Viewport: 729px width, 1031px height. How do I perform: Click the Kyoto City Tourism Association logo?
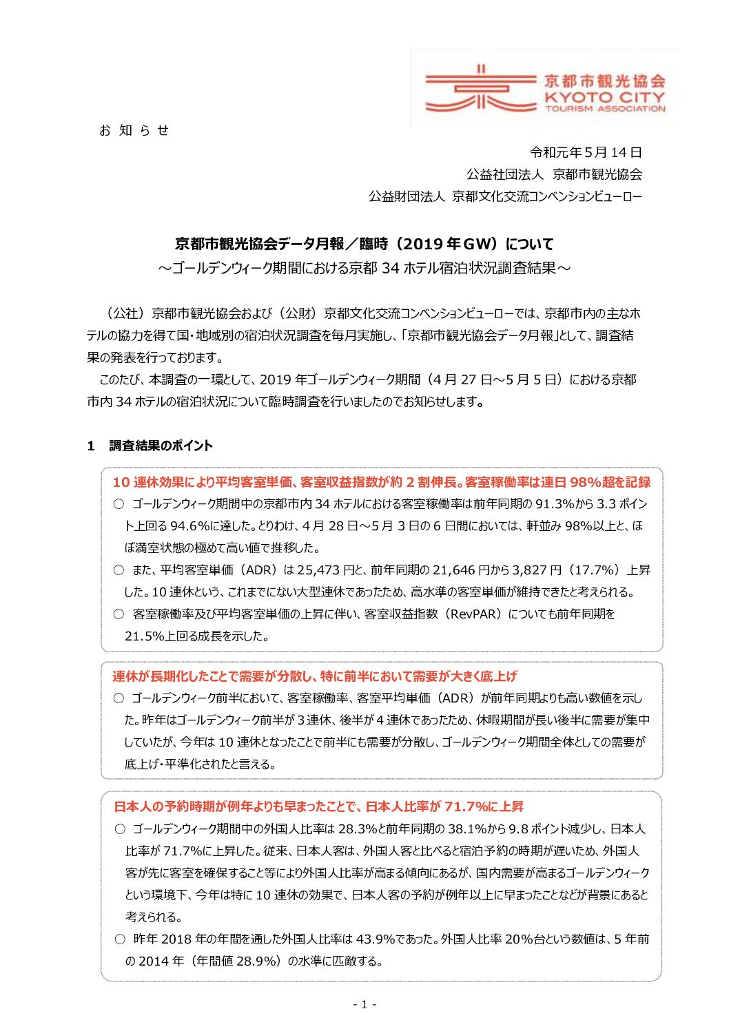pyautogui.click(x=545, y=88)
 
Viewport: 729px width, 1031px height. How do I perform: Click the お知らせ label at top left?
pyautogui.click(x=134, y=130)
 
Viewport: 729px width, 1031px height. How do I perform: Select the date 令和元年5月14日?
pyautogui.click(x=586, y=152)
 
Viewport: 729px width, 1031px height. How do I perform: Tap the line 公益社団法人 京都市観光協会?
pyautogui.click(x=554, y=174)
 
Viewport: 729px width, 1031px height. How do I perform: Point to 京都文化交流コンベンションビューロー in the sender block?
pyautogui.click(x=546, y=196)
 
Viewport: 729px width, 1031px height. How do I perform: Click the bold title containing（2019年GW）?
pyautogui.click(x=364, y=244)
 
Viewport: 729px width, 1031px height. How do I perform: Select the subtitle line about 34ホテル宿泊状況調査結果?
pyautogui.click(x=364, y=268)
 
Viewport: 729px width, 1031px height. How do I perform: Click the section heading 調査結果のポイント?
pyautogui.click(x=161, y=446)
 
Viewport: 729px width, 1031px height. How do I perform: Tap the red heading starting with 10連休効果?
pyautogui.click(x=381, y=482)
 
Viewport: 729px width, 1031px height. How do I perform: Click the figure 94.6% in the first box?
pyautogui.click(x=189, y=526)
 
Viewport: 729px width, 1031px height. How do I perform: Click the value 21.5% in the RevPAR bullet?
pyautogui.click(x=143, y=636)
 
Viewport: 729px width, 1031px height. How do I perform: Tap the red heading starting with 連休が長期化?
pyautogui.click(x=314, y=676)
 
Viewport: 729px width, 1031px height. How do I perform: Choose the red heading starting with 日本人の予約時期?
pyautogui.click(x=318, y=806)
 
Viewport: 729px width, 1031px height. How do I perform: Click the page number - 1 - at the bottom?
pyautogui.click(x=364, y=1004)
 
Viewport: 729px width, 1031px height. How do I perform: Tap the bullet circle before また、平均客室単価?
pyautogui.click(x=119, y=570)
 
